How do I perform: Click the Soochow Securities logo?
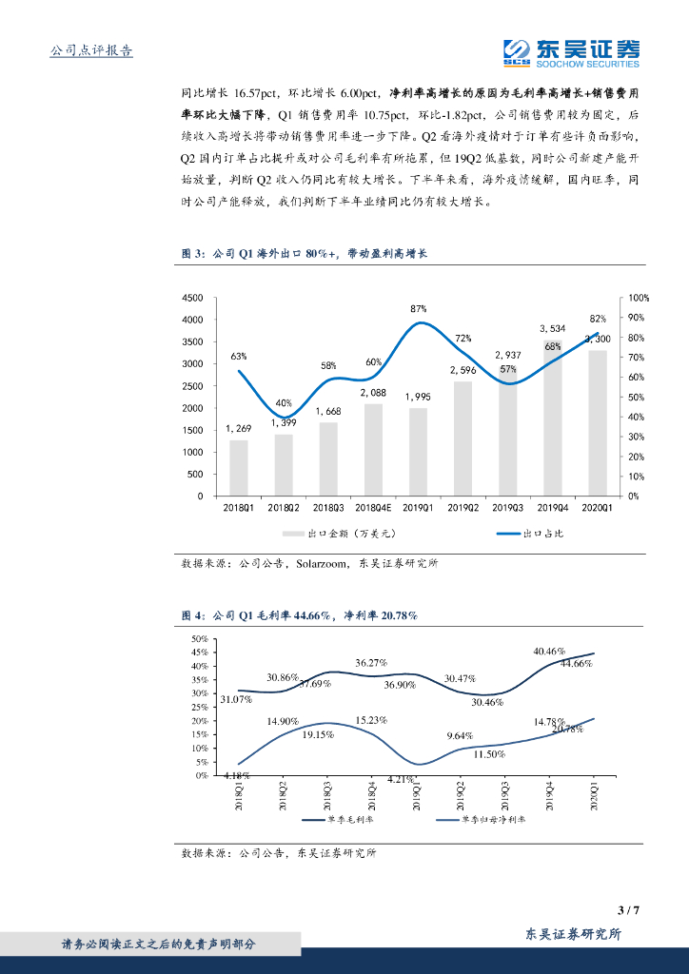tap(571, 52)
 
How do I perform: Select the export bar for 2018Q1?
tap(239, 468)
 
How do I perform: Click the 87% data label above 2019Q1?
tap(419, 309)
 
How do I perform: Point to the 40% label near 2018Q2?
tap(284, 402)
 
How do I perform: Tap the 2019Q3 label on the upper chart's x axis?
tap(507, 509)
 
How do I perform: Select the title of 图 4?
tap(300, 615)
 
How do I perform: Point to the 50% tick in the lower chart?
tap(199, 639)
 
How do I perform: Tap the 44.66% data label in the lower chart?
tap(576, 663)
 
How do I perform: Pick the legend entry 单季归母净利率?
tap(489, 818)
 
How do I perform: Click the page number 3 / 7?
tap(628, 910)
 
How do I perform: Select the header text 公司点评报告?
tap(90, 50)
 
